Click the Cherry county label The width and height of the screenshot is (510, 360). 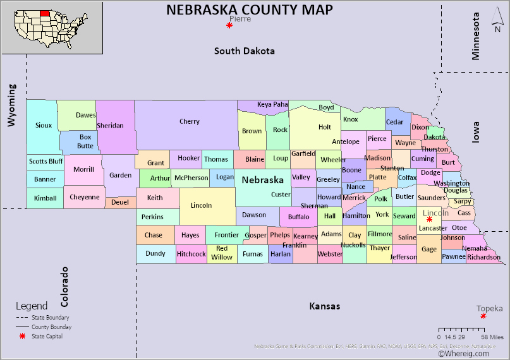click(189, 122)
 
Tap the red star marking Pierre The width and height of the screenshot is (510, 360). click(229, 25)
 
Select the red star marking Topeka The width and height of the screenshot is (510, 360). click(483, 316)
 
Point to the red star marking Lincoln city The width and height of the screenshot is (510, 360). click(429, 219)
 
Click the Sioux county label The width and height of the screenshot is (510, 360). click(44, 125)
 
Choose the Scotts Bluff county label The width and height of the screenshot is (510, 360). click(46, 161)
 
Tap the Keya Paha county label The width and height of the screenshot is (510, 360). click(272, 104)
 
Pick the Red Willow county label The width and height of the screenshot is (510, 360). click(222, 253)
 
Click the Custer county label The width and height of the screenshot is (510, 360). click(281, 195)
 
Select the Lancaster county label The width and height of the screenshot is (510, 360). click(433, 228)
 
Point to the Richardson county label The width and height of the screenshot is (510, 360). click(484, 257)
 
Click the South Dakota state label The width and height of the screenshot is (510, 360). click(245, 51)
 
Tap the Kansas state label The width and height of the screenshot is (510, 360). click(324, 306)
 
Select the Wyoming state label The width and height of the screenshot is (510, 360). click(11, 104)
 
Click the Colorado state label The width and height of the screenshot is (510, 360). click(64, 286)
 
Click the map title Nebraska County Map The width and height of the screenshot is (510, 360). click(249, 9)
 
